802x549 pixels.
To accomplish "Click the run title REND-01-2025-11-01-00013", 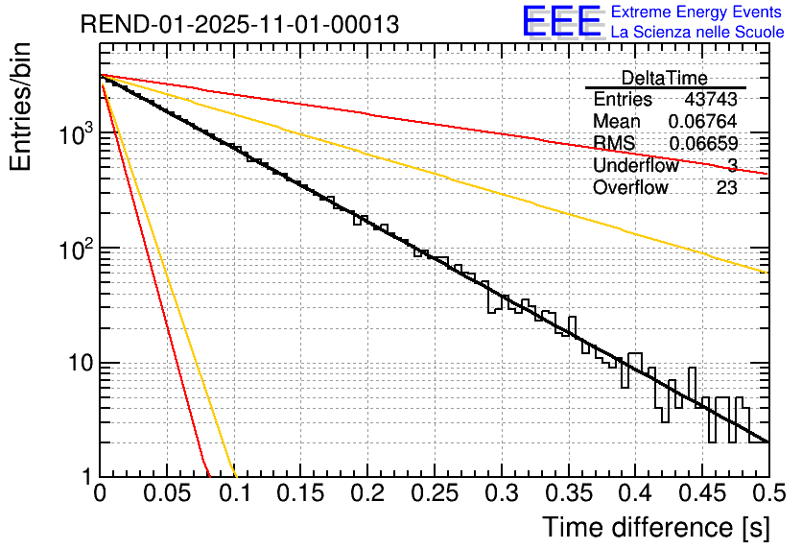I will coord(239,25).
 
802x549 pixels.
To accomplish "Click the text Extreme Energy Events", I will coord(697,12).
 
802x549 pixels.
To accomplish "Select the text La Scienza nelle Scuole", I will coord(697,32).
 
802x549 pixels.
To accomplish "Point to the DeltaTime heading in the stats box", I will coord(665,78).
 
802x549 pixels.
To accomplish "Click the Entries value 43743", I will coord(711,100).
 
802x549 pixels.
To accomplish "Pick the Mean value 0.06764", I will coord(703,122).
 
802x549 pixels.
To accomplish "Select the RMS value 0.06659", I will coord(703,144).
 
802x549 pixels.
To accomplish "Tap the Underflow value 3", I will coord(732,165).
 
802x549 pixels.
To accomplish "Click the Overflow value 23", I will coord(726,187).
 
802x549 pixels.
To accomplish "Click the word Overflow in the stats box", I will coord(630,187).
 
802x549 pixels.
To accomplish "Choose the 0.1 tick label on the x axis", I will coord(235,494).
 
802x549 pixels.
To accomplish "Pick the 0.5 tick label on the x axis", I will coord(767,494).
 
